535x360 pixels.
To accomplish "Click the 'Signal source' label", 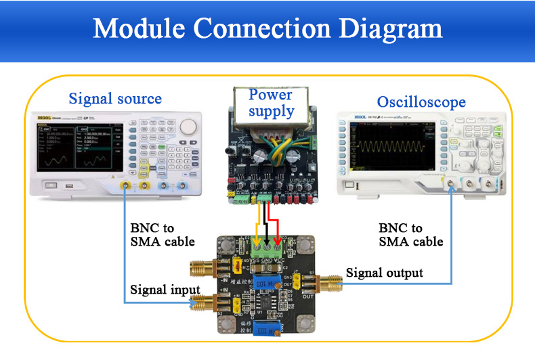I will (x=115, y=99).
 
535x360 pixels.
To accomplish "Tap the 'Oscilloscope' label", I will (x=421, y=102).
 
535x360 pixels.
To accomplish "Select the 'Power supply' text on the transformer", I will (x=271, y=103).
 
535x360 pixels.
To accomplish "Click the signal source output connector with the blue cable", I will (x=126, y=186).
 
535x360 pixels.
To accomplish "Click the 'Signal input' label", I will (x=156, y=290).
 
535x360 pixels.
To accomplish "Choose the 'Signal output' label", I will (x=384, y=273).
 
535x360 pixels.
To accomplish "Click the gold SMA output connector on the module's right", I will (x=332, y=282).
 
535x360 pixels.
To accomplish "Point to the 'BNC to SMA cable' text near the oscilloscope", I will (x=410, y=235).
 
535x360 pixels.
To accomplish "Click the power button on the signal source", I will (x=48, y=185).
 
